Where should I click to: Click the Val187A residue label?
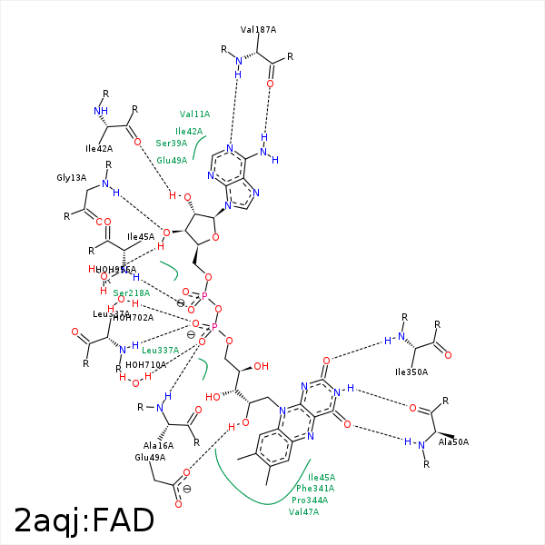[x=259, y=30]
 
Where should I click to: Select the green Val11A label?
[x=194, y=114]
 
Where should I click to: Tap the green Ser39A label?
[x=172, y=144]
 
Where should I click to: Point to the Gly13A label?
[x=72, y=178]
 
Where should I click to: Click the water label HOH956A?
[x=116, y=270]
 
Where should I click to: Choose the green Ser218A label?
[x=132, y=293]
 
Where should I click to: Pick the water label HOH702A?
[x=134, y=317]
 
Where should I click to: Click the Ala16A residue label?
[x=158, y=446]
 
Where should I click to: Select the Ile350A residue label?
[x=411, y=372]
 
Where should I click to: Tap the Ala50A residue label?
[x=454, y=442]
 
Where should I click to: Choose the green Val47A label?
[x=304, y=512]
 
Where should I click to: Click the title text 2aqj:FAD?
[x=84, y=521]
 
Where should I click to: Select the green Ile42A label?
[x=189, y=132]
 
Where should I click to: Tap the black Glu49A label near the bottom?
[x=149, y=458]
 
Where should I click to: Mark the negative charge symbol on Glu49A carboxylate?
[x=187, y=490]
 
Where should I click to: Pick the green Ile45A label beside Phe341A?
[x=322, y=477]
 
